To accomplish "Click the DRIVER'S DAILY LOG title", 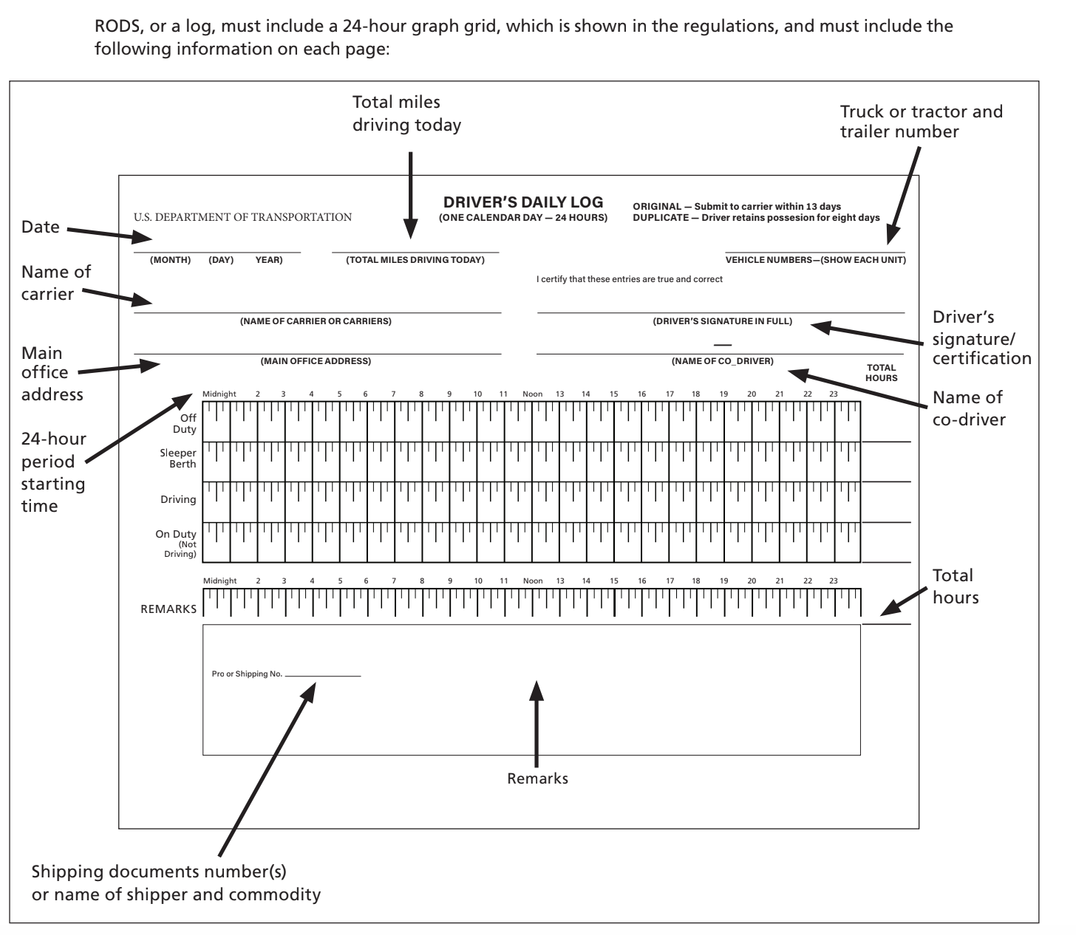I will click(x=523, y=202).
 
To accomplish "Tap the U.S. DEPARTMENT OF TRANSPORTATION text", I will click(x=242, y=217).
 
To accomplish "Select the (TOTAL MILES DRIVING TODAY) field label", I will click(x=415, y=260).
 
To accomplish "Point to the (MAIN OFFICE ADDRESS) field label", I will click(x=316, y=361).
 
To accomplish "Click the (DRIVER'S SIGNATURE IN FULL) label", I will click(x=722, y=321).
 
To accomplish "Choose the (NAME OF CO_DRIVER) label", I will click(x=722, y=361).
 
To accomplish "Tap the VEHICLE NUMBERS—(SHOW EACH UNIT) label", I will click(x=815, y=260).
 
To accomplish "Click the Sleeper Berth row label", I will click(x=178, y=459).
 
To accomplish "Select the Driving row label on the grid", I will click(x=178, y=500).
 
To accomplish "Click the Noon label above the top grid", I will click(x=532, y=394).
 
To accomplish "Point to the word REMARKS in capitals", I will click(x=168, y=609).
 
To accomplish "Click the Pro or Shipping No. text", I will click(x=247, y=674).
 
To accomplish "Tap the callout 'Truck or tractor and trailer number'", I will click(x=921, y=122).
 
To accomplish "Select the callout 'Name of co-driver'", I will click(x=968, y=408).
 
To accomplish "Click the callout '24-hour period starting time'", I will click(x=53, y=472).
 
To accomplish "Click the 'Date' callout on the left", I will click(x=41, y=227).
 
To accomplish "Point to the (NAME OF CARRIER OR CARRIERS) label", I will click(x=316, y=321).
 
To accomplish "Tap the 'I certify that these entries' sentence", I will click(x=629, y=279).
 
